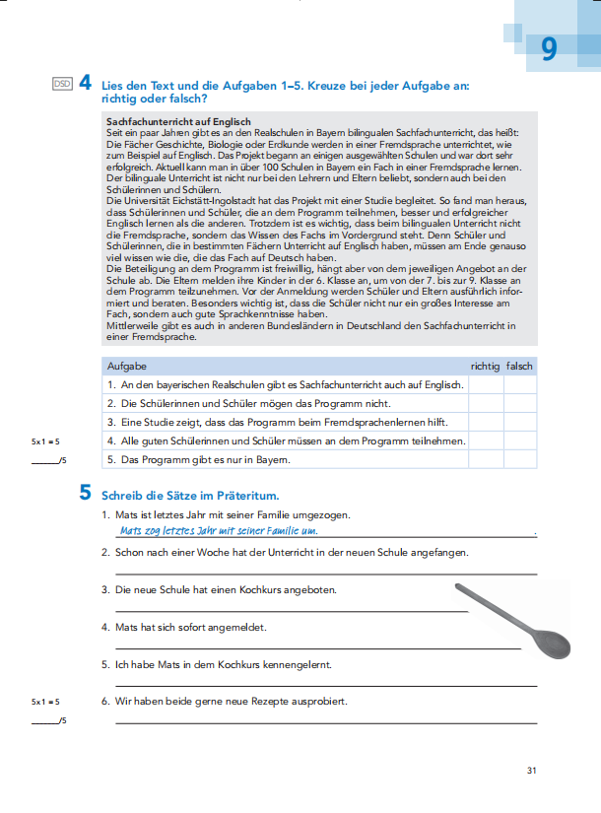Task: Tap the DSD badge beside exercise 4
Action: pos(62,86)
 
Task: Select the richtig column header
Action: pos(485,367)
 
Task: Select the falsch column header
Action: pos(519,367)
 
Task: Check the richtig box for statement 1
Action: pos(485,385)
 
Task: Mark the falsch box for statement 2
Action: pos(519,404)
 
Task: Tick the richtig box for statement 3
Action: pos(485,422)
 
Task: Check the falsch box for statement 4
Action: pos(519,440)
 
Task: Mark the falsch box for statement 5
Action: pos(519,459)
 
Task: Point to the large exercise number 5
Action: pos(86,495)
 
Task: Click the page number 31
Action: pos(531,771)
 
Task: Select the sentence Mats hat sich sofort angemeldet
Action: pos(189,627)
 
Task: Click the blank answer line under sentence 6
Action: pos(325,721)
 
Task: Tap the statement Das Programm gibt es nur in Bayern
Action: pos(195,459)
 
